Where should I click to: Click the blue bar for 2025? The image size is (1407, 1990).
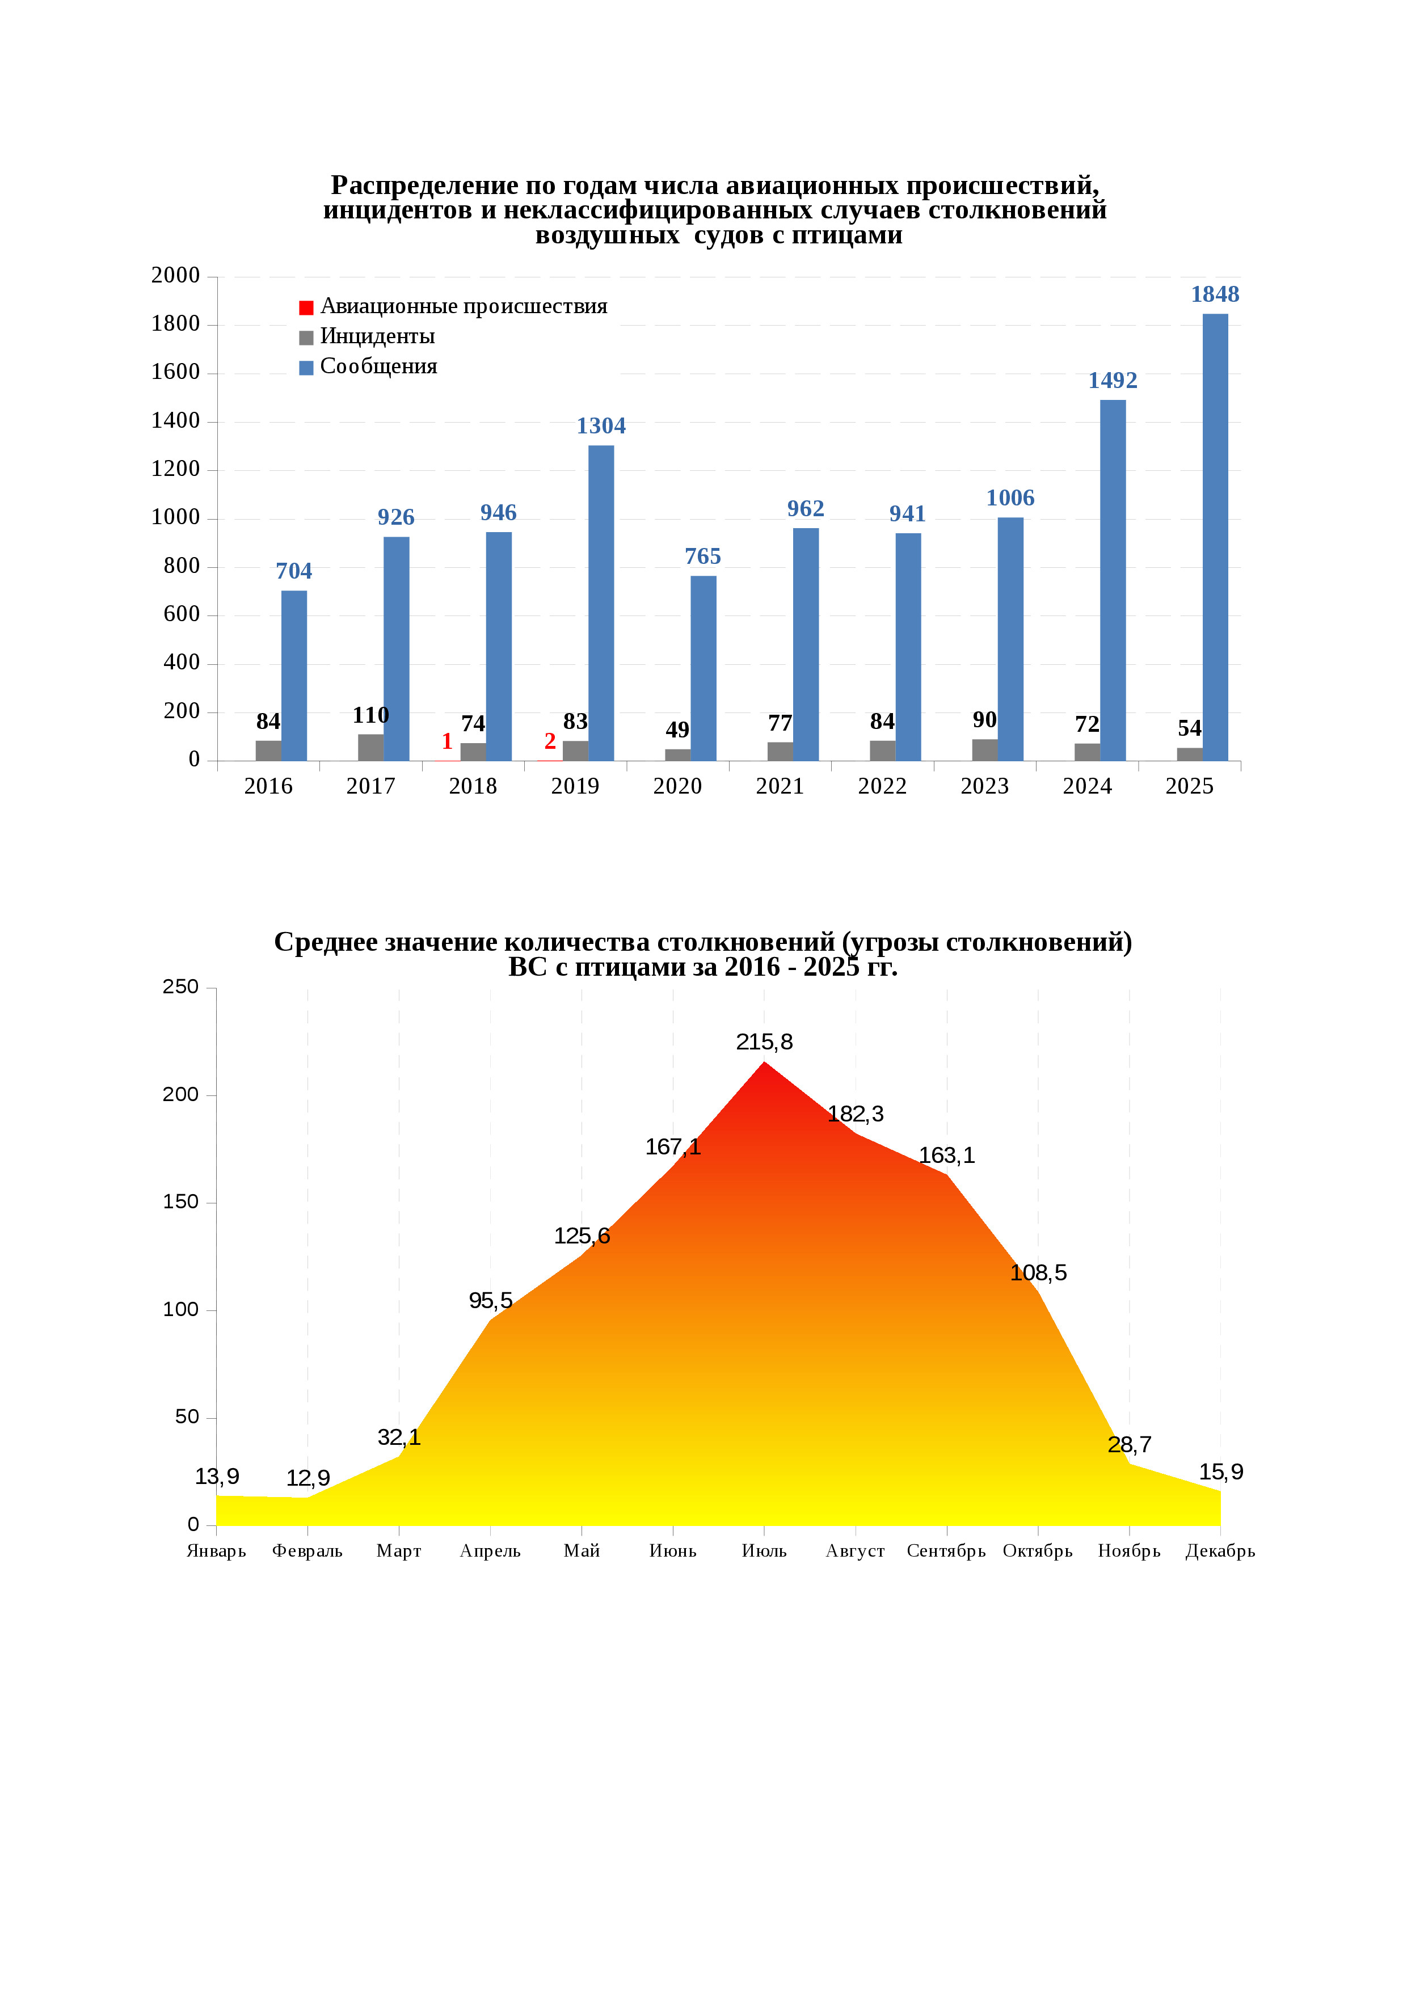click(1215, 537)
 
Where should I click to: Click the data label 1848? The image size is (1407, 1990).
click(1215, 294)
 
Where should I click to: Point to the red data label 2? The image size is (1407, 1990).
click(550, 741)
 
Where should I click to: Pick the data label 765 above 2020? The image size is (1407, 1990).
click(702, 556)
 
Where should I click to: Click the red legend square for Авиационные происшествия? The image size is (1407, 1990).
click(306, 307)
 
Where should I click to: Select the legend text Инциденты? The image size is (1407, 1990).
click(377, 336)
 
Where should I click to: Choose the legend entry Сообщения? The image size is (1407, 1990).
click(378, 366)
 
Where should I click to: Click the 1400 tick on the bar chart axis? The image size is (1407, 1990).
click(175, 421)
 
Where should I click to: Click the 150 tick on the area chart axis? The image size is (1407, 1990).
click(180, 1202)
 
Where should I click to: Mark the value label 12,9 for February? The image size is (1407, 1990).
click(307, 1478)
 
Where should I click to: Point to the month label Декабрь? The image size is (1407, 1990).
click(1220, 1550)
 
